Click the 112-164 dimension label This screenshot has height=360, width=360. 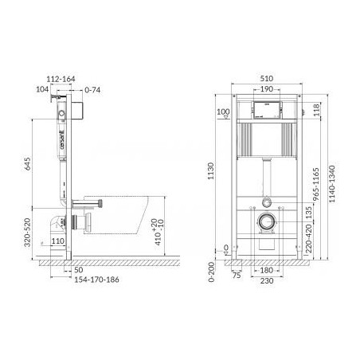[x=61, y=79]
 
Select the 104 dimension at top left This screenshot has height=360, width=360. [x=42, y=89]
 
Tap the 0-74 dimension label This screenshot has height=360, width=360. [x=92, y=90]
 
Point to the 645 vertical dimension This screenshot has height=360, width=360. [x=28, y=164]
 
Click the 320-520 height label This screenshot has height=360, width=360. [x=28, y=233]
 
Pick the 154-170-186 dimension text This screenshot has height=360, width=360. [x=96, y=280]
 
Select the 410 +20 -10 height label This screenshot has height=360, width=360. [x=158, y=232]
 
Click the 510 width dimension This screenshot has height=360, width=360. [x=267, y=79]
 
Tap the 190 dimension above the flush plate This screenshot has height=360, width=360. [x=267, y=89]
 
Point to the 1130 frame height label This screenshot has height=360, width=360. [x=210, y=171]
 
